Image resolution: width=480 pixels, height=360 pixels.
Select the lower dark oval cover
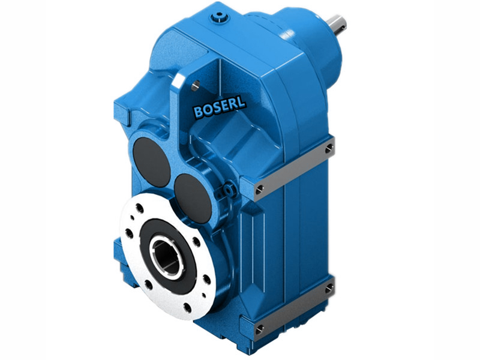point(193,197)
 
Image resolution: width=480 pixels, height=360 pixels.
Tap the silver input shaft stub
point(337,25)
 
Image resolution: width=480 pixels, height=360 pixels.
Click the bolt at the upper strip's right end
point(329,148)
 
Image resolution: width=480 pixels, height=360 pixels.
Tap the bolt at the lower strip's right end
point(329,289)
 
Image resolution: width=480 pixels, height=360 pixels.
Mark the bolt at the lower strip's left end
point(259,329)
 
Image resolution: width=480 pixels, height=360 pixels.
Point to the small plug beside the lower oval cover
point(228,191)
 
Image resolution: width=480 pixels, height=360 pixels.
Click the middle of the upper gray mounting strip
point(294,169)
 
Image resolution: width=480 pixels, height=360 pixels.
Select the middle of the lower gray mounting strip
point(294,309)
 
